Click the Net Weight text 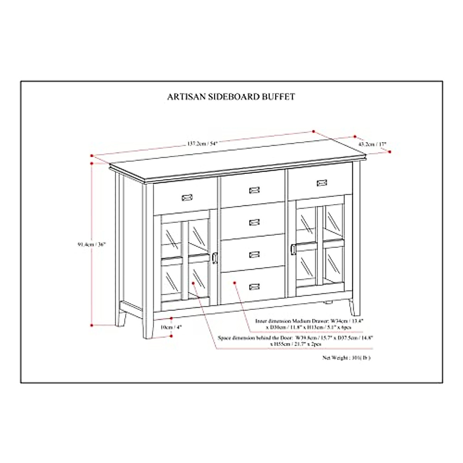click(346, 358)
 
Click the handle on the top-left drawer click(187, 197)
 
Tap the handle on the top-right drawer click(322, 182)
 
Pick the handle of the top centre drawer click(254, 190)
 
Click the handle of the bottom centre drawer click(254, 286)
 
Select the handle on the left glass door click(215, 258)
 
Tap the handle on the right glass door click(294, 249)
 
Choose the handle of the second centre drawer click(254, 222)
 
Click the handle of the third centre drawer click(254, 254)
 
